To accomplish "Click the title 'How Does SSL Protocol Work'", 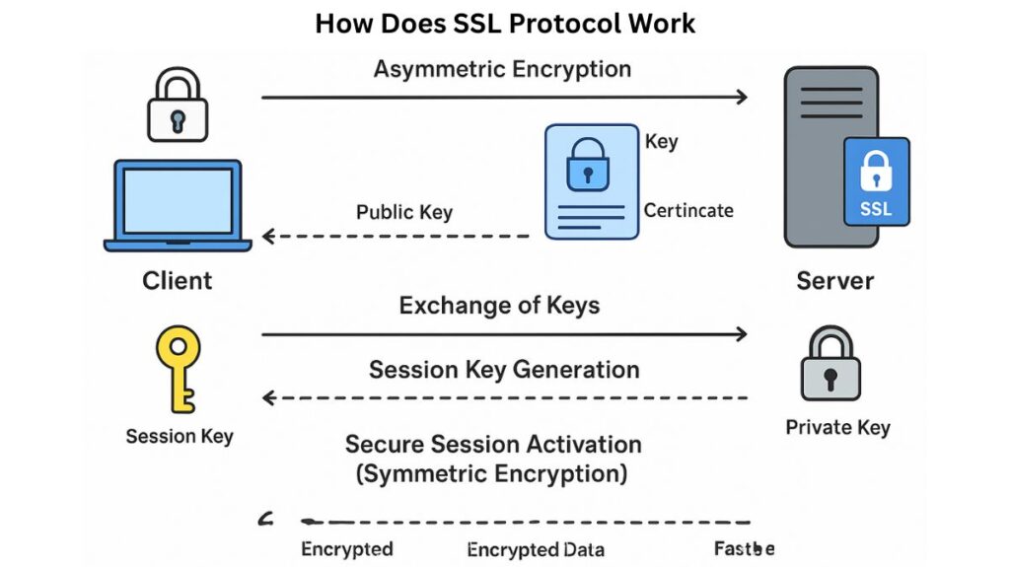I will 505,23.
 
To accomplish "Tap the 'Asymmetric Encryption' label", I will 502,69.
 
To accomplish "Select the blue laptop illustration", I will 178,204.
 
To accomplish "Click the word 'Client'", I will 178,280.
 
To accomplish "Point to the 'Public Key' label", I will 404,212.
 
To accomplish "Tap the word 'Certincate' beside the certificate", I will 688,210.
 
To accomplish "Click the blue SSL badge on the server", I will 876,181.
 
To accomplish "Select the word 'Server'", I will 834,281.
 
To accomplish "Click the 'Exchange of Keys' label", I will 499,305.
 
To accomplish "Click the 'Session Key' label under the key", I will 180,435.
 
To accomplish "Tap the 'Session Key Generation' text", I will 504,370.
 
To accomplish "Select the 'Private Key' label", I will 837,427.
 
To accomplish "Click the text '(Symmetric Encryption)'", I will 491,473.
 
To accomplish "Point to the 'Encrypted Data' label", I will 536,549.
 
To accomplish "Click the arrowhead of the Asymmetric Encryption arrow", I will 741,97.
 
